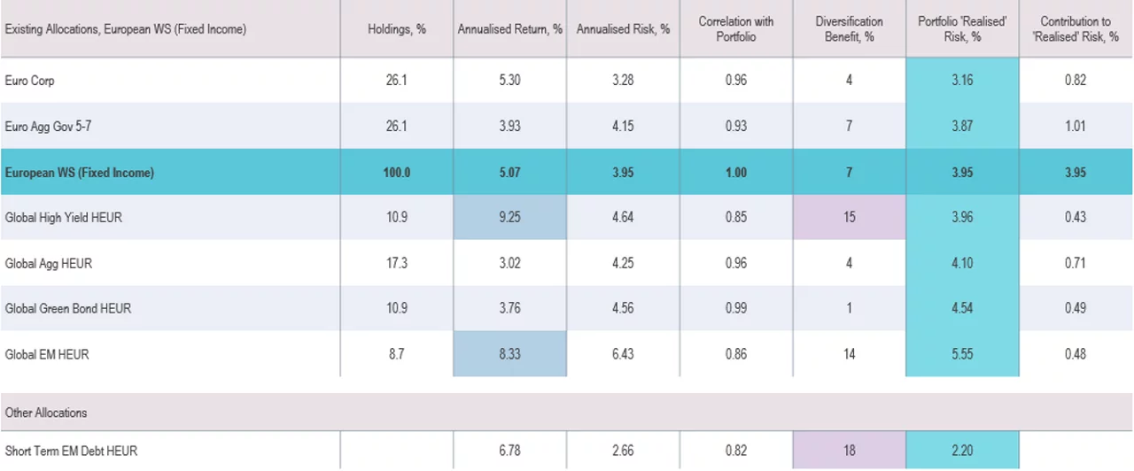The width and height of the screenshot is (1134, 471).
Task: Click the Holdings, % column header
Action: tap(397, 29)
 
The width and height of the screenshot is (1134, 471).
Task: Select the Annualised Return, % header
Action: tap(509, 29)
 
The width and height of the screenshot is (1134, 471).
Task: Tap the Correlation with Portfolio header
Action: tap(735, 29)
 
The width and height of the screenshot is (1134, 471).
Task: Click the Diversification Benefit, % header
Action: tap(849, 29)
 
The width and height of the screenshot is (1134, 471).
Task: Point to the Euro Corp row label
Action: tap(30, 81)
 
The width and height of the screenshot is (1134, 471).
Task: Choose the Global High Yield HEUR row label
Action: tap(64, 217)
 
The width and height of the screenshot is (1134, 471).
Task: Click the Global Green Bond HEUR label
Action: tap(68, 309)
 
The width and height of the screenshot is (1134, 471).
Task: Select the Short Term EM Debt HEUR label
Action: tap(72, 451)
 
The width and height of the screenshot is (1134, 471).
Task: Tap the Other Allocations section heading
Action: tap(46, 413)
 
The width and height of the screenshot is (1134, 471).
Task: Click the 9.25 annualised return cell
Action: tap(509, 217)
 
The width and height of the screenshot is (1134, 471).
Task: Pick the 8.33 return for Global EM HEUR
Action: tap(509, 354)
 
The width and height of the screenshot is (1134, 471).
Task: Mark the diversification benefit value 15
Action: tap(849, 217)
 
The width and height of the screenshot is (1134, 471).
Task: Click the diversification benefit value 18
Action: tap(849, 451)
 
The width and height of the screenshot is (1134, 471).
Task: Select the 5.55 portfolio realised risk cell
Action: tap(962, 354)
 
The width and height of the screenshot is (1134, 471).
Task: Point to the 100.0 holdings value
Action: tap(397, 173)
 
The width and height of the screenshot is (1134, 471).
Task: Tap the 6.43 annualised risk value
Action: tap(623, 354)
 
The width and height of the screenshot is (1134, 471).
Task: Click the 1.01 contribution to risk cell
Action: tap(1076, 127)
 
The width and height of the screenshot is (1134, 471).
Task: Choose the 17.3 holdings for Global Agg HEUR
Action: tap(397, 263)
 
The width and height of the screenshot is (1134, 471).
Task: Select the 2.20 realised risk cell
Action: tap(962, 451)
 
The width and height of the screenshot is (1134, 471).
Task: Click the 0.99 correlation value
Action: tap(735, 309)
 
